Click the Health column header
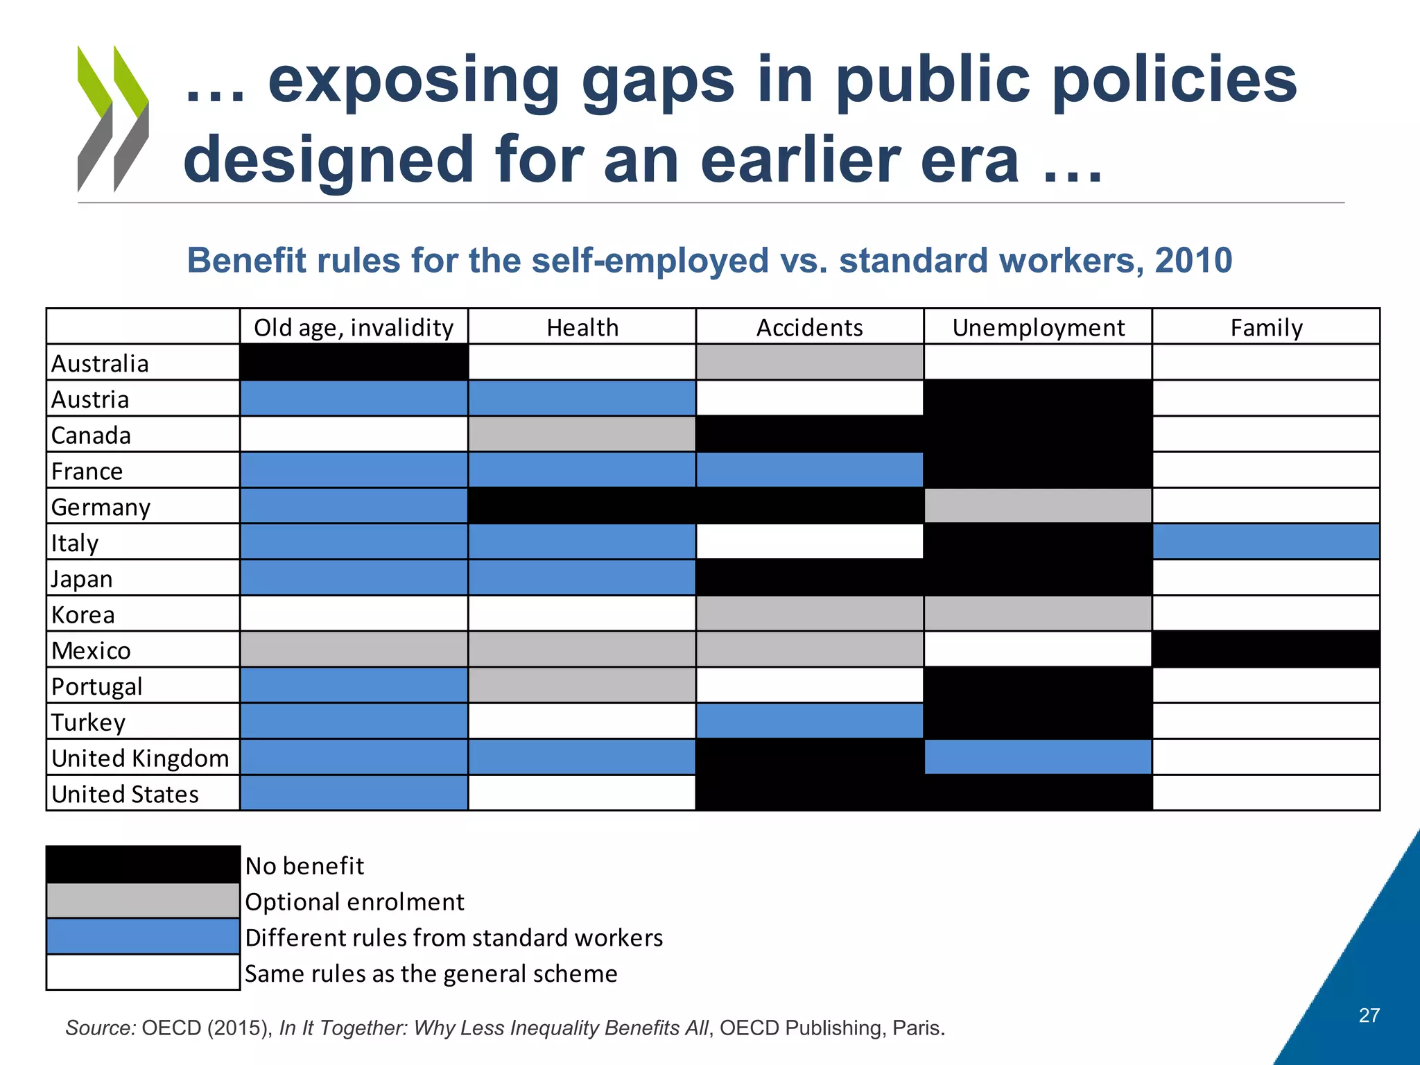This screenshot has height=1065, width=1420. click(582, 327)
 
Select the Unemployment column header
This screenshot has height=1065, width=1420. click(1038, 327)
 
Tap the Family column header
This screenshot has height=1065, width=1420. click(1266, 327)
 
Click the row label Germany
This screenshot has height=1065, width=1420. click(101, 507)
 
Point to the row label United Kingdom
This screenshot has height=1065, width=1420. click(140, 758)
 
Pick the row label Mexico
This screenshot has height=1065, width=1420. click(91, 650)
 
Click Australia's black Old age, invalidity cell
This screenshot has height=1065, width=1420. click(354, 363)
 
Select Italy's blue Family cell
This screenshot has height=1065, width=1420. click(1266, 542)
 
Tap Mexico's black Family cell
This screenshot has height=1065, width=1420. click(1266, 650)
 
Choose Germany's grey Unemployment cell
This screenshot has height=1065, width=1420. click(1038, 506)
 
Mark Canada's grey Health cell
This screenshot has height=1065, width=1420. click(582, 435)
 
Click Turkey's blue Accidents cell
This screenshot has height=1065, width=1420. click(810, 721)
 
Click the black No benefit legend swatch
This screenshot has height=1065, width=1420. click(143, 865)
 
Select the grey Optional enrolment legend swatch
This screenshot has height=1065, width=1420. click(143, 901)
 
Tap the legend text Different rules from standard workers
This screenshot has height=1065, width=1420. click(454, 937)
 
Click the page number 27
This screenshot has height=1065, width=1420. click(1369, 1015)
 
